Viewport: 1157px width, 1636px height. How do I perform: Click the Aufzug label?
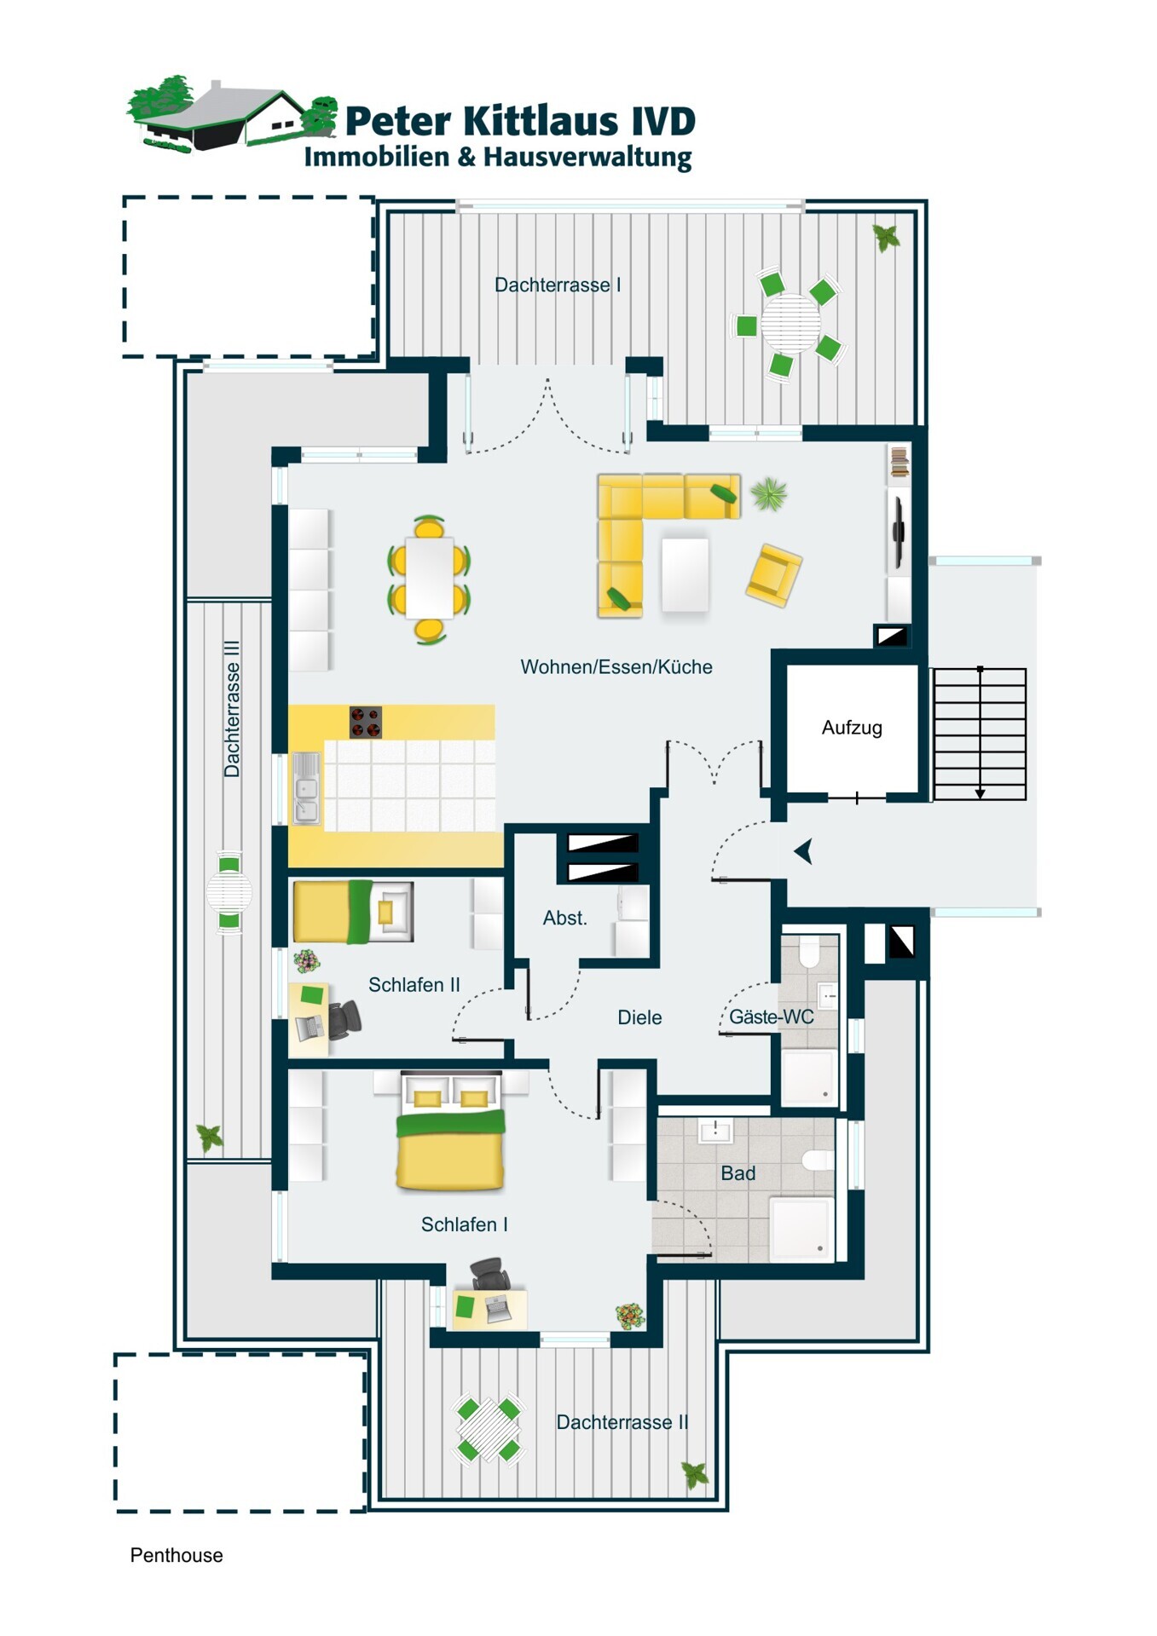852,728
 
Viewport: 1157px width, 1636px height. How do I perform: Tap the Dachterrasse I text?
558,285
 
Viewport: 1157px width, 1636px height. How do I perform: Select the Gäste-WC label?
771,1017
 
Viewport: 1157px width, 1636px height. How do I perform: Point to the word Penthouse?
176,1555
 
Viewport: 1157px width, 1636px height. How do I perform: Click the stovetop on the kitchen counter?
366,723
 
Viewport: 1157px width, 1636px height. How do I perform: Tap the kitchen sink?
306,788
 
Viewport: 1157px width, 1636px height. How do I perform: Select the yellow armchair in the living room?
774,576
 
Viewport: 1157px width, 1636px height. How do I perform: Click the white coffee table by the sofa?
685,573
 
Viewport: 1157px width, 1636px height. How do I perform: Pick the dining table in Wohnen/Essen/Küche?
429,578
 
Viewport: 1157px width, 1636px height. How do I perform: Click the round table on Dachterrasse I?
790,323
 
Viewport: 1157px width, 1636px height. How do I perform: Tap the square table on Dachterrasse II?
489,1429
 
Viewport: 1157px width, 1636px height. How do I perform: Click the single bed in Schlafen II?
353,912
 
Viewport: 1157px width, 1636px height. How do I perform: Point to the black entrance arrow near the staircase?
803,851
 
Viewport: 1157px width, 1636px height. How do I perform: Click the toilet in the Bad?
817,1160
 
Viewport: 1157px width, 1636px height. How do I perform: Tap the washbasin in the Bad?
714,1131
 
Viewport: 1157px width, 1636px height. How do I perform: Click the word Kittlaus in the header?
541,121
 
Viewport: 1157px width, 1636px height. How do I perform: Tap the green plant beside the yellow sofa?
768,493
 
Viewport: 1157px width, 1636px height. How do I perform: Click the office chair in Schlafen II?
344,1020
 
